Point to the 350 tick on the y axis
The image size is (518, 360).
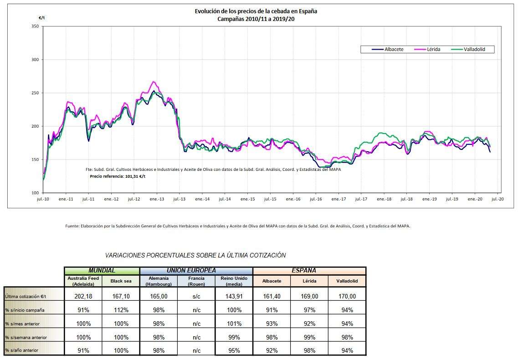coord(35,26)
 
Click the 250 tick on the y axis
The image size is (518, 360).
coord(35,93)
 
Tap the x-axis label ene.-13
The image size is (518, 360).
coord(157,199)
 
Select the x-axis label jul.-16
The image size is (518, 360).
coord(316,199)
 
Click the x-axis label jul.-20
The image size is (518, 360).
coord(497,199)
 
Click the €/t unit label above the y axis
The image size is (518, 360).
coord(41,17)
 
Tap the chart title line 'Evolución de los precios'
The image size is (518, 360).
coord(256,11)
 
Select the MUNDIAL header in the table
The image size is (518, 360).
coord(102,271)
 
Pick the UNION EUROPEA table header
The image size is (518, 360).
coord(196,271)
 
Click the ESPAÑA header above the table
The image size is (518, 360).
coord(309,271)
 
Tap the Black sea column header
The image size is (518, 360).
coord(120,281)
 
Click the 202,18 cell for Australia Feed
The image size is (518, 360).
coord(83,296)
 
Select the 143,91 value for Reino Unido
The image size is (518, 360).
coord(233,296)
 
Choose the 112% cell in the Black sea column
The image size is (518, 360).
coord(120,310)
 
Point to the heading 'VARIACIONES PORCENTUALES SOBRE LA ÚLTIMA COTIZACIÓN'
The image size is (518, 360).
coord(195,255)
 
